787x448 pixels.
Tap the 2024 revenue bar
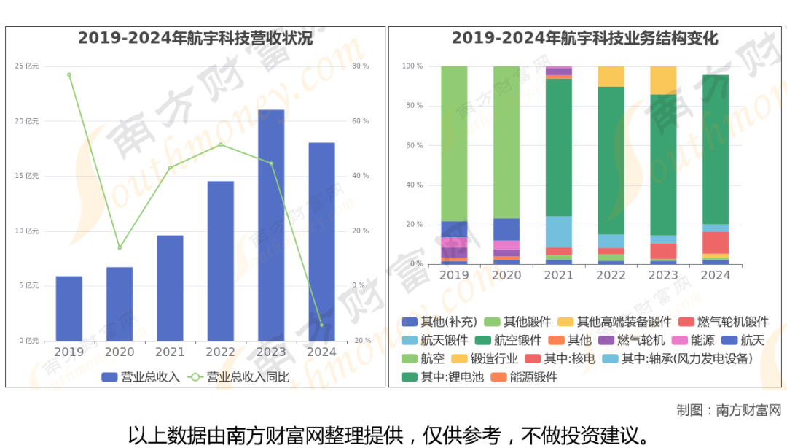point(321,242)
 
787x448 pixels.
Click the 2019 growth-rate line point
point(69,74)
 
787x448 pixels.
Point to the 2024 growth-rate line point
point(321,325)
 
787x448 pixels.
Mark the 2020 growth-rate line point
point(120,247)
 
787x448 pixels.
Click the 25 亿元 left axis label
point(27,66)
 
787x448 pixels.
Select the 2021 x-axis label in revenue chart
point(170,352)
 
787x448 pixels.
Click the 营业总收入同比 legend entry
point(240,377)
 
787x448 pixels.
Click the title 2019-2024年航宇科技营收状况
point(195,39)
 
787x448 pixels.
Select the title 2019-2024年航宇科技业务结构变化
point(584,39)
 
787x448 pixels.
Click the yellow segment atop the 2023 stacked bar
point(663,80)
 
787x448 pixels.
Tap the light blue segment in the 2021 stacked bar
point(559,231)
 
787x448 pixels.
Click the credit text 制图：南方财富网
point(728,410)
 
